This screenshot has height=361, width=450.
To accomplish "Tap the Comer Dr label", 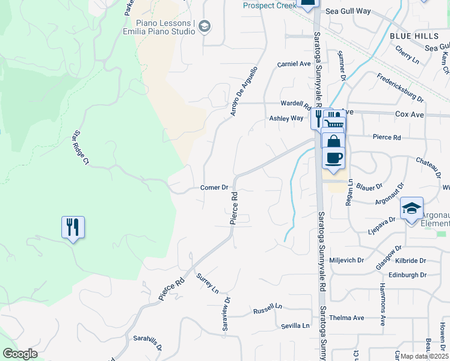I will pyautogui.click(x=214, y=188).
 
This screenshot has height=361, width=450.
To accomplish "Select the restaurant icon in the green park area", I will pyautogui.click(x=73, y=227).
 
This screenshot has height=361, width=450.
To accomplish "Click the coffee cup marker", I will pyautogui.click(x=334, y=159).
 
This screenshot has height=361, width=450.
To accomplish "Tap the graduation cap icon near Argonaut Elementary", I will pyautogui.click(x=411, y=209).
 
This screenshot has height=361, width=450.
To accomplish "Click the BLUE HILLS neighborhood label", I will pyautogui.click(x=414, y=36).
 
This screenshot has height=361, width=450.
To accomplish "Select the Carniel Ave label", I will pyautogui.click(x=294, y=64).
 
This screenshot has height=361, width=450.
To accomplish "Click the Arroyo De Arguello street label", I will pyautogui.click(x=244, y=91).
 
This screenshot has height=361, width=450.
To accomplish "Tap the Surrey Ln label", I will pyautogui.click(x=208, y=283).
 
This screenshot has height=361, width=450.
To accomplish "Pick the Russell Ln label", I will pyautogui.click(x=268, y=310).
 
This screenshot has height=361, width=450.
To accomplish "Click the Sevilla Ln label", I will pyautogui.click(x=295, y=326).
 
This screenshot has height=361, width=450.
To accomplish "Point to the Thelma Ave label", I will pyautogui.click(x=350, y=318).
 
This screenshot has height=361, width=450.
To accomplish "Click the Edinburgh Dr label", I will pyautogui.click(x=407, y=275).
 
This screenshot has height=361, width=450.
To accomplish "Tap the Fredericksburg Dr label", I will pyautogui.click(x=400, y=87).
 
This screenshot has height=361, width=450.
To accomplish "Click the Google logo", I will pyautogui.click(x=20, y=354).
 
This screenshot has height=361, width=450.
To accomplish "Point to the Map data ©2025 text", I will pyautogui.click(x=425, y=356).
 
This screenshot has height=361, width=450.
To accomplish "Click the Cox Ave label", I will pyautogui.click(x=409, y=114).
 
